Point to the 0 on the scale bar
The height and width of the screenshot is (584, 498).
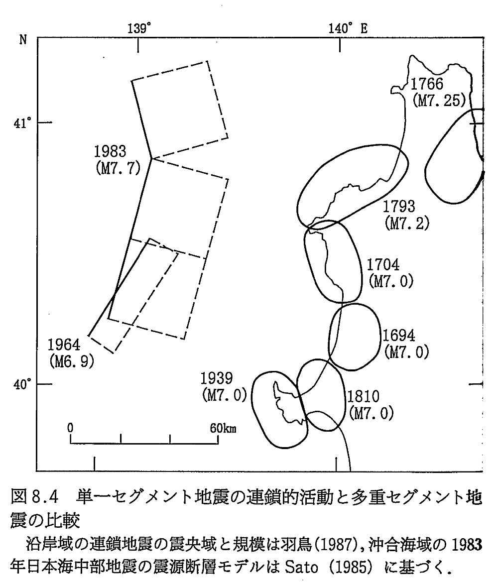click(71, 428)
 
